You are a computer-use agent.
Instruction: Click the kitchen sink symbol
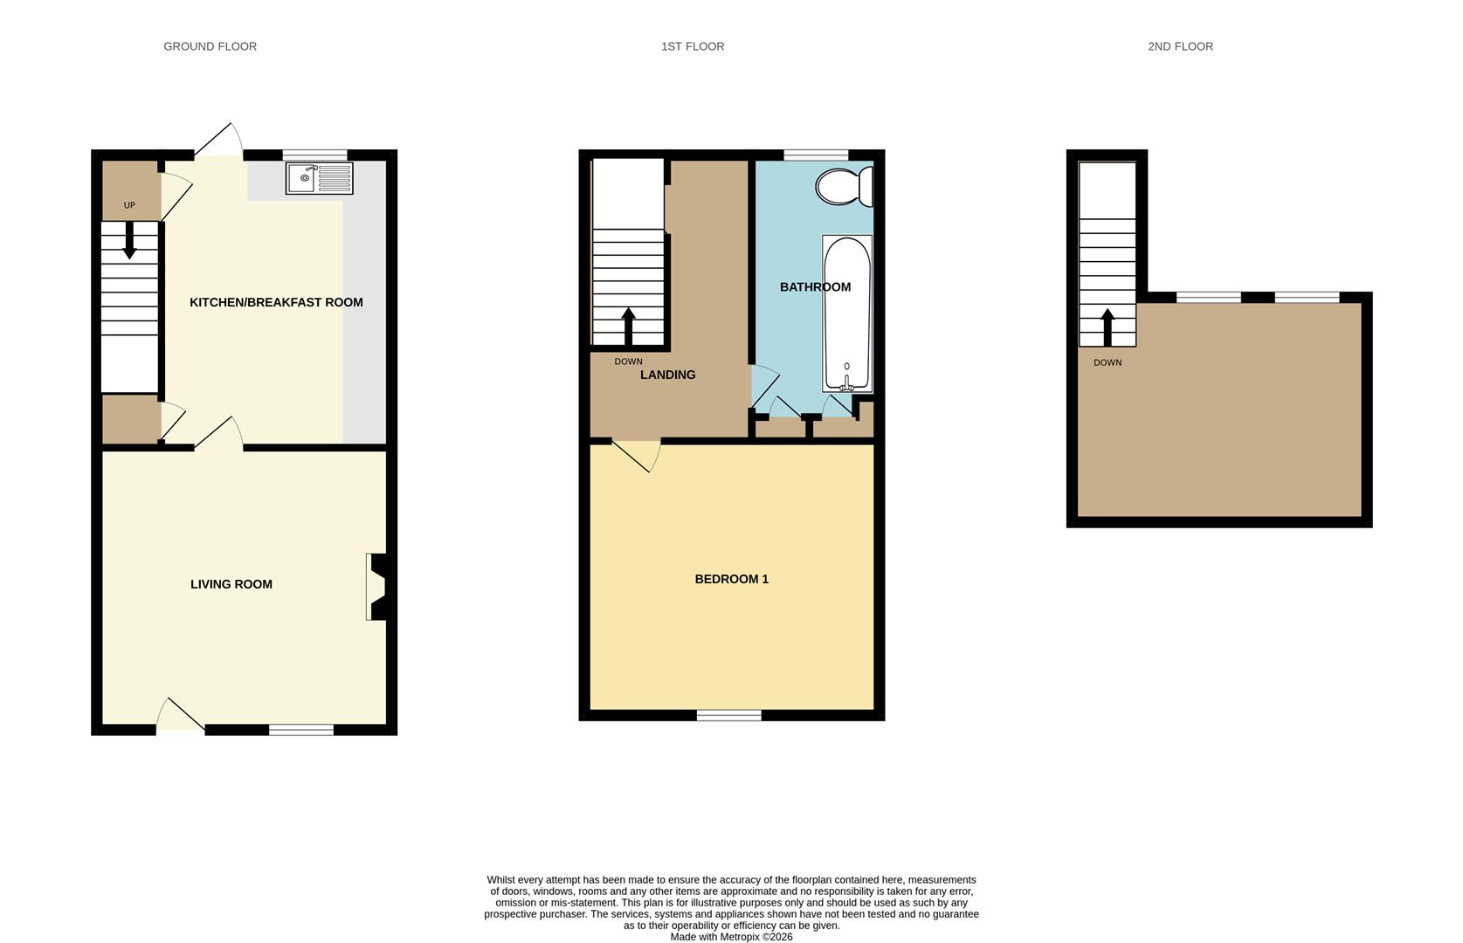pos(320,178)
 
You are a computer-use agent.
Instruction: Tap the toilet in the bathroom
pos(845,186)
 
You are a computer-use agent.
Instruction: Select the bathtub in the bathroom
pos(847,313)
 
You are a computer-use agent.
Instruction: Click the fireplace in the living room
pos(376,587)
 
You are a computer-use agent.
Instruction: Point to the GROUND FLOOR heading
pos(210,46)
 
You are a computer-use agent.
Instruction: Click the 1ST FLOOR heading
pos(693,46)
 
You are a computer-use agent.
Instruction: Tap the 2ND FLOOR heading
pos(1180,46)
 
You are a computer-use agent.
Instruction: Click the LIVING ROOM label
pos(231,584)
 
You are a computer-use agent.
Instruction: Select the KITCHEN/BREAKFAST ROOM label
pos(276,302)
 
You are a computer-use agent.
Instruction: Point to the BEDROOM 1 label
pos(732,579)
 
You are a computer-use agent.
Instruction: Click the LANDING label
pos(667,375)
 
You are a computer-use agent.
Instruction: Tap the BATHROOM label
pos(815,287)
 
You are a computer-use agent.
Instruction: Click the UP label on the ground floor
pos(129,205)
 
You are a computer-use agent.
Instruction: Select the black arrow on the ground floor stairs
pos(130,240)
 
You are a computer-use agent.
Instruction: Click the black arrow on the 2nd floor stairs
pos(1107,327)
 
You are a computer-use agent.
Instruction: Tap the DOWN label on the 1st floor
pos(628,361)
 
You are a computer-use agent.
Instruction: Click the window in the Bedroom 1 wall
pos(729,715)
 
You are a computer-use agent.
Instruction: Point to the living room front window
pos(301,729)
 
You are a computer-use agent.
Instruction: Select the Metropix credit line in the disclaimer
pos(732,937)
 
